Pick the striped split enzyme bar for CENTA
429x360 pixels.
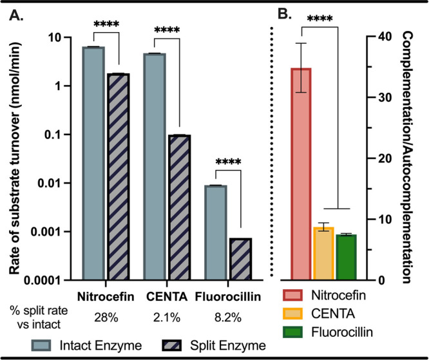pyautogui.click(x=178, y=207)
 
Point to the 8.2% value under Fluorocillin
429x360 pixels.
pyautogui.click(x=227, y=317)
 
